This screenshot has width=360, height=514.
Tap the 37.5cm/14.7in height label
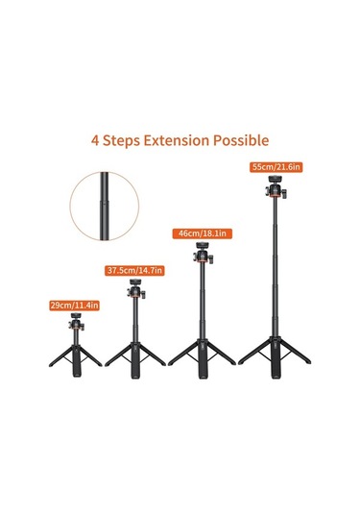point(134,271)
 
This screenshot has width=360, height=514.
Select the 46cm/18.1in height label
point(203,233)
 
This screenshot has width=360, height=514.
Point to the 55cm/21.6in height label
point(276,166)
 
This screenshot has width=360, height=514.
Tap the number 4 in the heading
point(96,139)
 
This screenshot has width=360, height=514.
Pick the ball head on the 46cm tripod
point(204,254)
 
